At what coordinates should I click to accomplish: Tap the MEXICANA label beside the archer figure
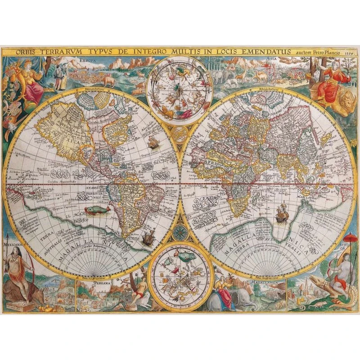[12, 246]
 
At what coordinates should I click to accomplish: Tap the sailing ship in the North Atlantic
[152, 143]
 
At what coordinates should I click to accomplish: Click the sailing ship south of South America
[148, 238]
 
